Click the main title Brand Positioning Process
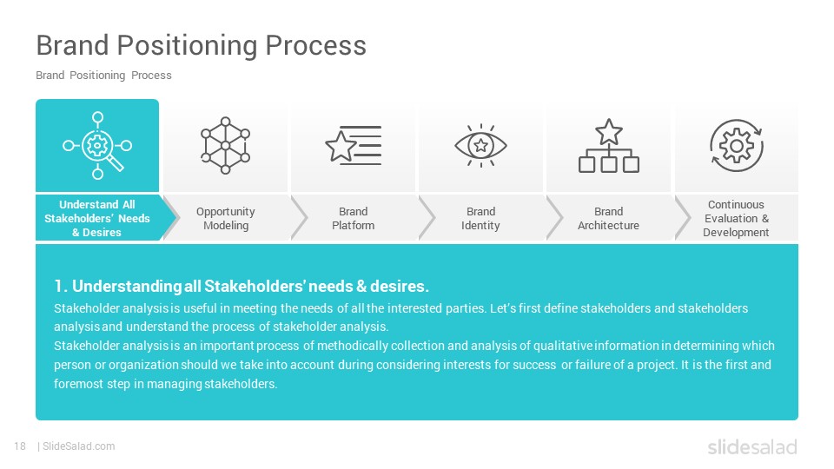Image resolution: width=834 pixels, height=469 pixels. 201,45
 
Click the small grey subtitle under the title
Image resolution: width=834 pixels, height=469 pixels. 103,76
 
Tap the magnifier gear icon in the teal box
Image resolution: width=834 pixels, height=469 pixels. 97,145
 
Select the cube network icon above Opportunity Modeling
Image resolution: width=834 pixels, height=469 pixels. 226,145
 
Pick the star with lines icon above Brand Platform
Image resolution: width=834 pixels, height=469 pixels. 354,145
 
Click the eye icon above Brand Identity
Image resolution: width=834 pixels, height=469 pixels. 480,145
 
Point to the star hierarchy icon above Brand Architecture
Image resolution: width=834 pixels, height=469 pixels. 608,146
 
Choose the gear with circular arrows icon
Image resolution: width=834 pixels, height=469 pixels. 736,145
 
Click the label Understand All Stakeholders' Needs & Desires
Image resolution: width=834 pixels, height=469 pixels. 97,219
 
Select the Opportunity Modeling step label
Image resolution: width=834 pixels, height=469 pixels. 226,219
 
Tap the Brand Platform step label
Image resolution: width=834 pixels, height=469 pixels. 354,219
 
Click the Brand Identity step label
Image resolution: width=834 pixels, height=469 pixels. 480,219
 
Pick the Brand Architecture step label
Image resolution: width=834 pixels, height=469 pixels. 608,219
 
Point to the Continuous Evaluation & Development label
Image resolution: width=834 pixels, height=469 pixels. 736,219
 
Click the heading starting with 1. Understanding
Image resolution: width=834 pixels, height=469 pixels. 242,286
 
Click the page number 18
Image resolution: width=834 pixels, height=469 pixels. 20,446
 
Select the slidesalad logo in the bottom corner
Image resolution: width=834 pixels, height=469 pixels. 752,446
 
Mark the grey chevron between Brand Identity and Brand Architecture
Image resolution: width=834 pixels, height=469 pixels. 555,218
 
